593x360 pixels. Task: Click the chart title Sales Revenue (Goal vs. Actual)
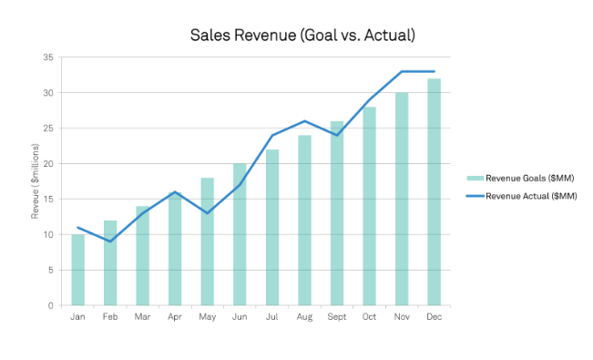click(302, 36)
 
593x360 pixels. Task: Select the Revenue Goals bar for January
click(78, 270)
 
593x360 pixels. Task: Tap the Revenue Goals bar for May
click(208, 242)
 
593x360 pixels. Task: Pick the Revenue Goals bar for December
click(434, 192)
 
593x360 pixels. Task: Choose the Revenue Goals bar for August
click(304, 221)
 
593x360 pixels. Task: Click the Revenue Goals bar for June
click(240, 234)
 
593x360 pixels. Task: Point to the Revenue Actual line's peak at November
click(402, 71)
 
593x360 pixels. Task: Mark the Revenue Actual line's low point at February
click(110, 242)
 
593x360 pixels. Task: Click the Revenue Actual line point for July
click(272, 135)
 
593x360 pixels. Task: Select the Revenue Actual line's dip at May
click(208, 213)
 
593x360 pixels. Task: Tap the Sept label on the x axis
click(337, 317)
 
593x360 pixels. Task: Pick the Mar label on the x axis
click(143, 317)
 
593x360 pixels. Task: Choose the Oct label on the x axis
click(369, 317)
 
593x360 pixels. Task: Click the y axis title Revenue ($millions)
click(36, 181)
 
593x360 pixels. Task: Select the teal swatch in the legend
click(475, 179)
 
